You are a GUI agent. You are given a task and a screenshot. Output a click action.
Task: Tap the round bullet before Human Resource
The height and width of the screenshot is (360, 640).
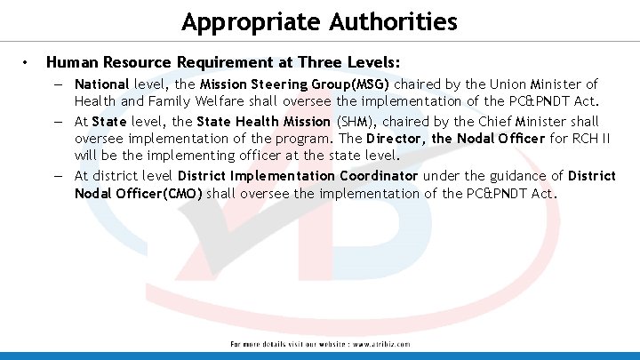(28, 64)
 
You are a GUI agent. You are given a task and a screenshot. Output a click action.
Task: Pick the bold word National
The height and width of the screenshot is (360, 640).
(102, 84)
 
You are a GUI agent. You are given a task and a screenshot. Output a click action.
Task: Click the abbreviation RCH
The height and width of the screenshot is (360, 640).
(584, 139)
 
